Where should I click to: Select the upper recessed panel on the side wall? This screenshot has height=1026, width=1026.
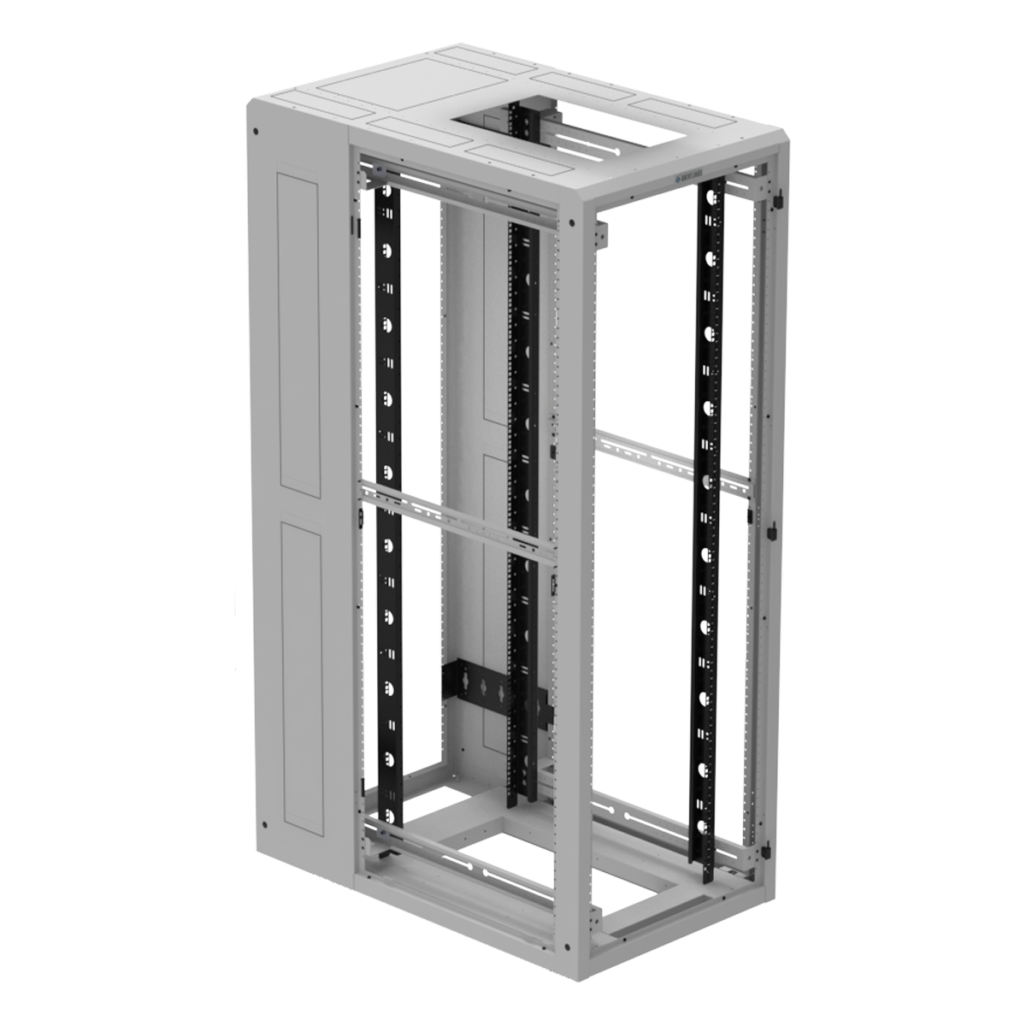pyautogui.click(x=299, y=333)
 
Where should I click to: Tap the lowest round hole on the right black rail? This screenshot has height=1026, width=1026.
pyautogui.click(x=703, y=827)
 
